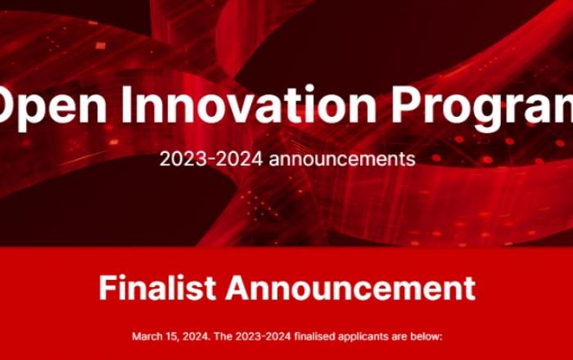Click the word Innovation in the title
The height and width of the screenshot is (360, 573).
249,105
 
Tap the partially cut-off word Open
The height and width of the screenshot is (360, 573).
53,109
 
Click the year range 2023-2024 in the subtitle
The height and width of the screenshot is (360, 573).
211,159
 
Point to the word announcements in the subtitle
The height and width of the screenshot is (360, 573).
342,160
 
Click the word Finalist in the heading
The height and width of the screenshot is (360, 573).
157,288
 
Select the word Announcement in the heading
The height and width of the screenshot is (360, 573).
350,288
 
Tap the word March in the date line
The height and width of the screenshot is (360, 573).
144,336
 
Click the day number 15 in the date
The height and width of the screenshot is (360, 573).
164,336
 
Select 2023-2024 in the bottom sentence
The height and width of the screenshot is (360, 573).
263,336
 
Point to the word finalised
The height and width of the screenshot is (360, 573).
314,336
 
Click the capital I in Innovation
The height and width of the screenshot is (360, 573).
126,105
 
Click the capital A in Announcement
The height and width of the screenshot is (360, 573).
238,288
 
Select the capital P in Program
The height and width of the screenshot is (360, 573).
405,105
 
